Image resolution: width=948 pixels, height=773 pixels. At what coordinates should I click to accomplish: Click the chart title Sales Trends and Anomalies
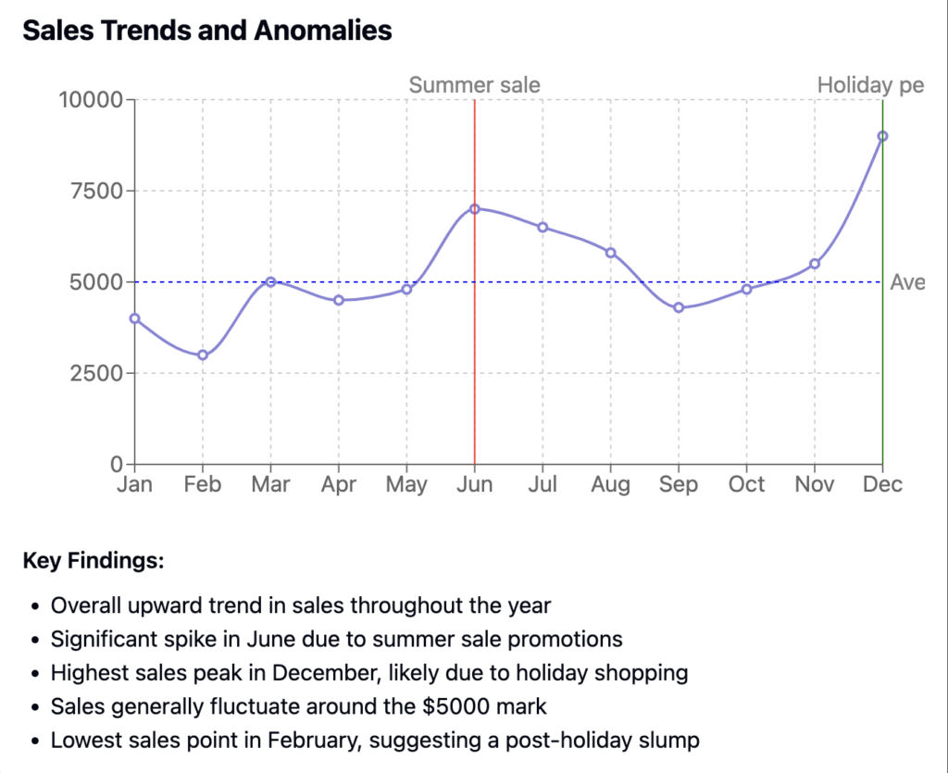pos(207,31)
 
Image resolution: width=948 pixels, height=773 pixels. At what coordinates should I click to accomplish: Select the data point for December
pos(882,136)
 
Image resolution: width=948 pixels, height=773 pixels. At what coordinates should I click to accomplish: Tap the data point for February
pos(203,355)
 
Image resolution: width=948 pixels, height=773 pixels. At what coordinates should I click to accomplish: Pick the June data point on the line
pos(475,209)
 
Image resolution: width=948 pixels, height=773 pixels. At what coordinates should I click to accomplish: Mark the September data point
pos(679,307)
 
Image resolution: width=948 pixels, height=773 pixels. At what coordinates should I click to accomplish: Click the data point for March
pos(270,281)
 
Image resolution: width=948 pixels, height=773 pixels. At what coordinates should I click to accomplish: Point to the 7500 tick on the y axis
pos(97,191)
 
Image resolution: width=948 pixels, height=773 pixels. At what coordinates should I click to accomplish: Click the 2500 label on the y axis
pos(97,373)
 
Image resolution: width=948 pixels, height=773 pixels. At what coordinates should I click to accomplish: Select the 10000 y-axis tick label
pos(91,99)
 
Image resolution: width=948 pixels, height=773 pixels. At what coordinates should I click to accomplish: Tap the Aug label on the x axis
pos(611,484)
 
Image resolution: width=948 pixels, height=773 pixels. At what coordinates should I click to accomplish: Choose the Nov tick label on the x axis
pos(815,484)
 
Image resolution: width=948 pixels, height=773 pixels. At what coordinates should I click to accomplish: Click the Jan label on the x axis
pos(134,484)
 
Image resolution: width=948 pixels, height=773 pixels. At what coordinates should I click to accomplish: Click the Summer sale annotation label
pos(475,85)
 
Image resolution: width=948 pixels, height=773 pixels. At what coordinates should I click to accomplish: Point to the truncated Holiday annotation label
pos(870,85)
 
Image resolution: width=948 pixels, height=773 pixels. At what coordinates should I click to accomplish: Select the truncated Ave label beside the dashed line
pos(907,282)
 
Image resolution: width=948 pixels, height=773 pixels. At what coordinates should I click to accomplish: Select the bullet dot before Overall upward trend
pos(34,607)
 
